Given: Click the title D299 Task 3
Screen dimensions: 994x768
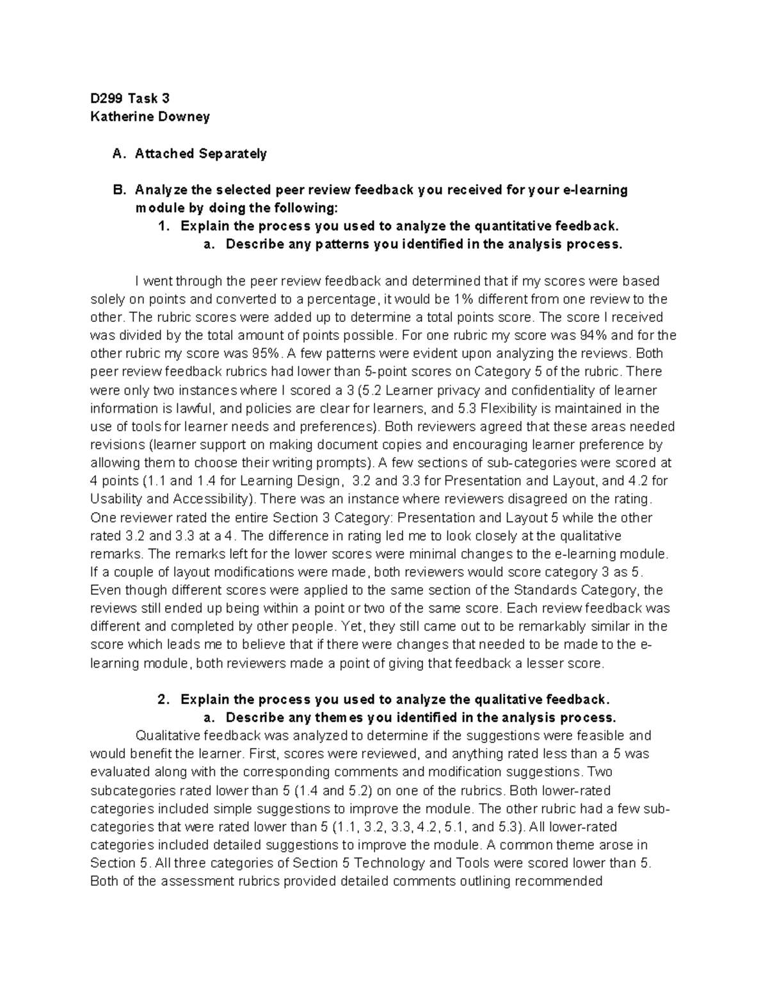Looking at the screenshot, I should pos(130,99).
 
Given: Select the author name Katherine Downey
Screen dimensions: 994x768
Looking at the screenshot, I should pos(150,116).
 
